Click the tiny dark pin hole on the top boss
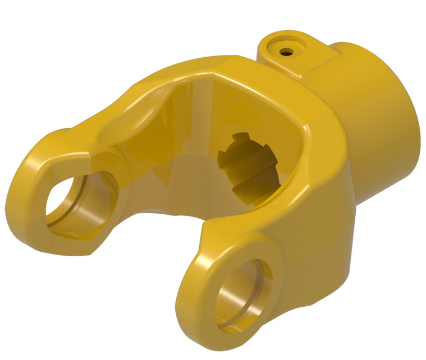point(287,52)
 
